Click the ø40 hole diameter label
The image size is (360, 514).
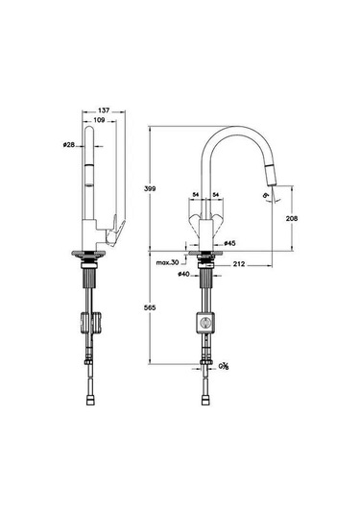181,276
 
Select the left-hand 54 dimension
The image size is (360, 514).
195,196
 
